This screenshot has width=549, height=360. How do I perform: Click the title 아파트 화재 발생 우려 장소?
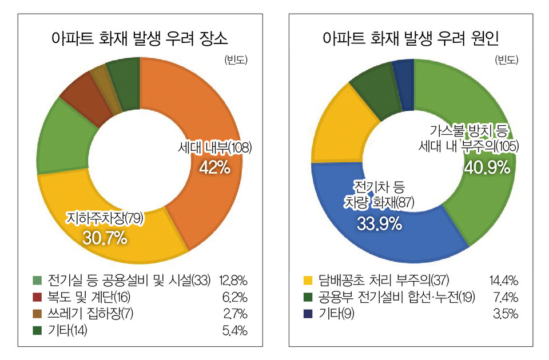point(140,39)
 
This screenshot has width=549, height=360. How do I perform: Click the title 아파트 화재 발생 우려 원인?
point(411,39)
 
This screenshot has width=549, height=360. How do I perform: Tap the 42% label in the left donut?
point(214,167)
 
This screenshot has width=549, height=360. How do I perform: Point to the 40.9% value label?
point(487,167)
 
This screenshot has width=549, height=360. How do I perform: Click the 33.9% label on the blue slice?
point(379,223)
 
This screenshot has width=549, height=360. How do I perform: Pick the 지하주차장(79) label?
point(105,218)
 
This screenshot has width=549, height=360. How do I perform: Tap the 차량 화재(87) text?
point(379,203)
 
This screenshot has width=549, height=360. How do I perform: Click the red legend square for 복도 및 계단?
point(37,297)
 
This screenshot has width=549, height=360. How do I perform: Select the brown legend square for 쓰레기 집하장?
point(37,313)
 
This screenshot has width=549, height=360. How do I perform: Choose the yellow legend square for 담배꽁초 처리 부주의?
point(308,281)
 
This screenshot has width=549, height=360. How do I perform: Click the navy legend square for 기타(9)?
point(308,313)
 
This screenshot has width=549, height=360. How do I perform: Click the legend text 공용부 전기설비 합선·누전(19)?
point(389,297)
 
